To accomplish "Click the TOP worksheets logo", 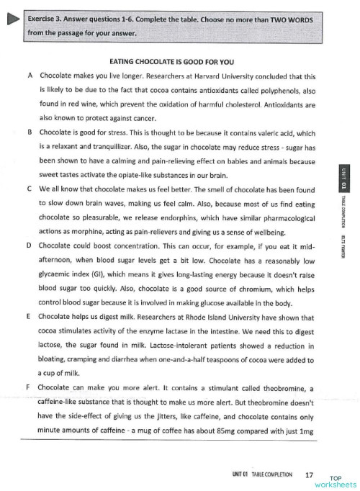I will point(334,480).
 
